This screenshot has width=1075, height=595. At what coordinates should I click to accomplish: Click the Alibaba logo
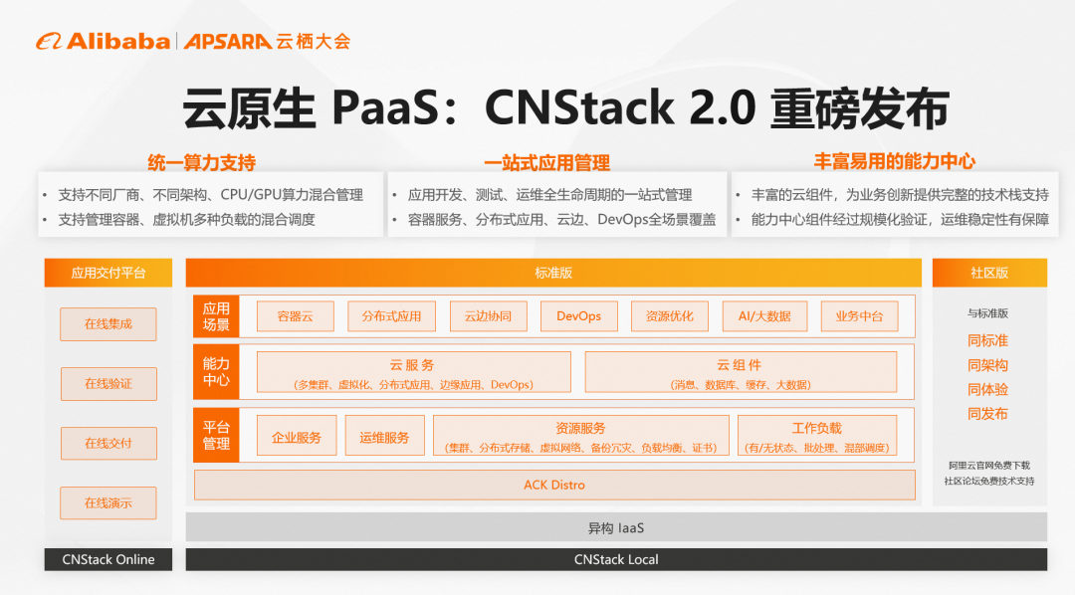104,41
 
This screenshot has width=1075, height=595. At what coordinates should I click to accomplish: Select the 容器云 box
295,316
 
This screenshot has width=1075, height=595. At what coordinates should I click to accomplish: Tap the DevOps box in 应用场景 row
578,316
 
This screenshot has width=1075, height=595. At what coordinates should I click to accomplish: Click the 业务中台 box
859,316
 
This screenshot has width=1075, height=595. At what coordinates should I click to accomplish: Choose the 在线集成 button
107,324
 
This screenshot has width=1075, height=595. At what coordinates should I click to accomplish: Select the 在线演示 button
107,503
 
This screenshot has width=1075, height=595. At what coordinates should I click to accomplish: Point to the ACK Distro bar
554,486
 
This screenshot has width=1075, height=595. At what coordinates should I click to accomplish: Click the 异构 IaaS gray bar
616,527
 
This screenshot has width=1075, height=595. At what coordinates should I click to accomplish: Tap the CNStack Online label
107,559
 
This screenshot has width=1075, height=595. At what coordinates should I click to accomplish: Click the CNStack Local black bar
616,559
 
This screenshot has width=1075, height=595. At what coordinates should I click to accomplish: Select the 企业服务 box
297,437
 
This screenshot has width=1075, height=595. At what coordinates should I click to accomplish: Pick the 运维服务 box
384,437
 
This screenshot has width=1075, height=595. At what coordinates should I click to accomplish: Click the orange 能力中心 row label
216,371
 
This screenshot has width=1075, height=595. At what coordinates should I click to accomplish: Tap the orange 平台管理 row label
216,436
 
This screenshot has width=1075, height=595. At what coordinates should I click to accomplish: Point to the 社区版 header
989,273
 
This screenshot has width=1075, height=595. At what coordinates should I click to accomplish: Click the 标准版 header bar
553,273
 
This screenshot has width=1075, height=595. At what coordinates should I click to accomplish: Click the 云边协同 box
488,316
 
